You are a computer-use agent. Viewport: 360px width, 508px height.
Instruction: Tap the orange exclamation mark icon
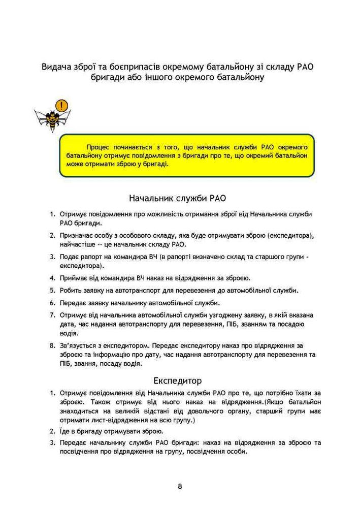click(62, 105)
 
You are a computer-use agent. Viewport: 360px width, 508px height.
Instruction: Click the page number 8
click(180, 486)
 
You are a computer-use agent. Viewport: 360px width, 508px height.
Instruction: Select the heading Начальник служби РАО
click(180, 198)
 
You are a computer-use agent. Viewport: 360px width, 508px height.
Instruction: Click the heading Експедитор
click(180, 380)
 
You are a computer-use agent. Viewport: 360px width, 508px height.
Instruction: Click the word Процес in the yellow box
click(100, 147)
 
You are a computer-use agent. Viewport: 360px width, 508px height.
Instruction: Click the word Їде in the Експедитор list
click(64, 431)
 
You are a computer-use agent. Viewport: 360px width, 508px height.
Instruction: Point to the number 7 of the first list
click(52, 315)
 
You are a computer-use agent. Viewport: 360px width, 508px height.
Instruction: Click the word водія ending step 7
click(68, 333)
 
